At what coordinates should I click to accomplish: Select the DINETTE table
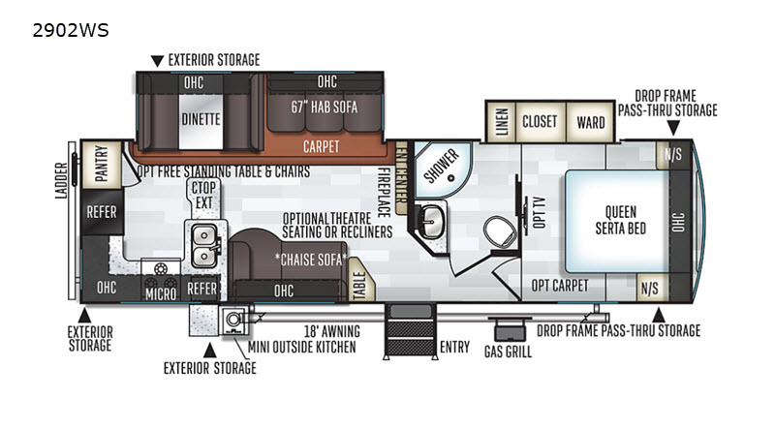click(201, 120)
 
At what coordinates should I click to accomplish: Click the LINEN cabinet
click(501, 122)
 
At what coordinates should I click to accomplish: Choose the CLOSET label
click(540, 122)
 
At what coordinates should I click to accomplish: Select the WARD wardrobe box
click(590, 123)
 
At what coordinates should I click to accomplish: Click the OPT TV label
click(539, 212)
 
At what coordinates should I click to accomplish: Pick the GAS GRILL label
click(508, 352)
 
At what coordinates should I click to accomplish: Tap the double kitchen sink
click(205, 245)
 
